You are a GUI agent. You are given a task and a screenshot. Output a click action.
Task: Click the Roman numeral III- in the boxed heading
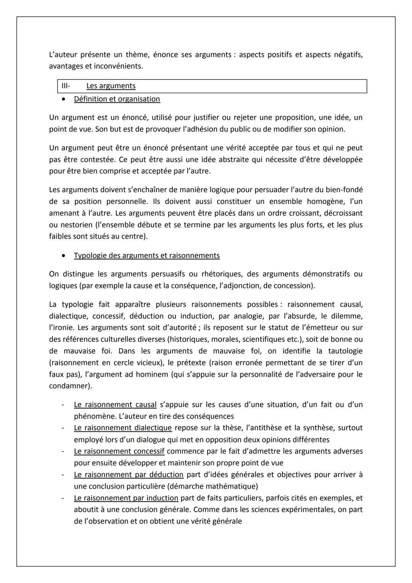click(66, 86)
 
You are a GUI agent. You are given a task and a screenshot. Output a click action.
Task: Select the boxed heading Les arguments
click(111, 86)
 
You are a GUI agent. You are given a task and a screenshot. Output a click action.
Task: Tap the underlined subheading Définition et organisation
click(117, 99)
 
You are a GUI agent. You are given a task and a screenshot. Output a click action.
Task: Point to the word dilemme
click(346, 316)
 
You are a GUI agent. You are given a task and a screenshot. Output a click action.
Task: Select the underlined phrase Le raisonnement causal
click(115, 404)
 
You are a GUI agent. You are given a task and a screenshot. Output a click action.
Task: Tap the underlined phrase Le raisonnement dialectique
click(123, 428)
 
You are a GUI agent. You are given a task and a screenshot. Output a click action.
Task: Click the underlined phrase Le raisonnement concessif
click(119, 451)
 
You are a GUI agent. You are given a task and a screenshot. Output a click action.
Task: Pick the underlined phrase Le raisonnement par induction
click(126, 498)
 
